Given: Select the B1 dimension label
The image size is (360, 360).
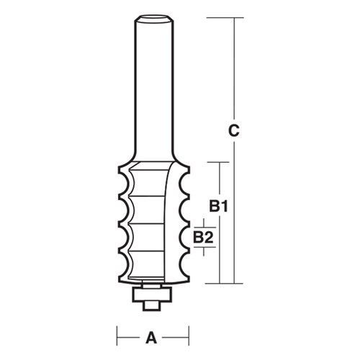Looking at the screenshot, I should pos(219,207).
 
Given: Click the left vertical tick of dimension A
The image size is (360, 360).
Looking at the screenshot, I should pos(118,336).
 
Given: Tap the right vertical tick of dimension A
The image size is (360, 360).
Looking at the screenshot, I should pos(189,336).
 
